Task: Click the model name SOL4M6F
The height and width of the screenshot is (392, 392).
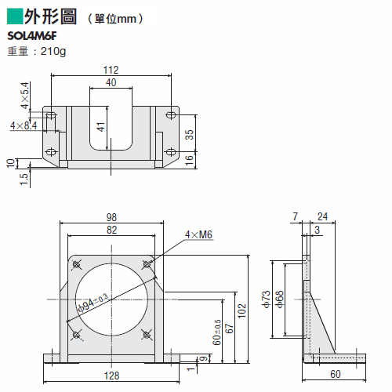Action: [32, 36]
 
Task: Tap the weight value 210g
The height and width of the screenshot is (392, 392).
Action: [53, 52]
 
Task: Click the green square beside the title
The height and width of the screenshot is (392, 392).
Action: [15, 16]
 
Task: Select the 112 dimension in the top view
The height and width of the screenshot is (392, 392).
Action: [111, 70]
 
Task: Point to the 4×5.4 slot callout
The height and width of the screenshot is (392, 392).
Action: [25, 96]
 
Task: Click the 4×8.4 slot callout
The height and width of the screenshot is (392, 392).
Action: [24, 125]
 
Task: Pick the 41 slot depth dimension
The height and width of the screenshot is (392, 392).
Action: [101, 127]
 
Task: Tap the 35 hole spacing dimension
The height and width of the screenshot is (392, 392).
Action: [189, 135]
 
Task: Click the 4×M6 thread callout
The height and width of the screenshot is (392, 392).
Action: [198, 234]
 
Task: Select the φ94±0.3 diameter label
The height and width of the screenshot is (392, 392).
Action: [93, 303]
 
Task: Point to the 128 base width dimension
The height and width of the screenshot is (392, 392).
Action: [111, 376]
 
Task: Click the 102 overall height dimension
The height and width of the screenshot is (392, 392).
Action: [242, 310]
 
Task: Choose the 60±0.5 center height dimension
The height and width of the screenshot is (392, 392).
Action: [217, 332]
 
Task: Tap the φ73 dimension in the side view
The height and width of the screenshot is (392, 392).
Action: [266, 299]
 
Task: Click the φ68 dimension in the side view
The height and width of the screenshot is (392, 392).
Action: [279, 299]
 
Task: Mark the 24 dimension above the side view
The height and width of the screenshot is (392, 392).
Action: [322, 216]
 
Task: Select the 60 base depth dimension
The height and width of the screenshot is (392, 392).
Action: [336, 374]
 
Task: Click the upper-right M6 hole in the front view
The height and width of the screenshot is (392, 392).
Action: [147, 264]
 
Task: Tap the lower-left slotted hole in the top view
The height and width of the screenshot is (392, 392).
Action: [51, 152]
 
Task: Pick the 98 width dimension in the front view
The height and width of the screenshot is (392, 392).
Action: [111, 217]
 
